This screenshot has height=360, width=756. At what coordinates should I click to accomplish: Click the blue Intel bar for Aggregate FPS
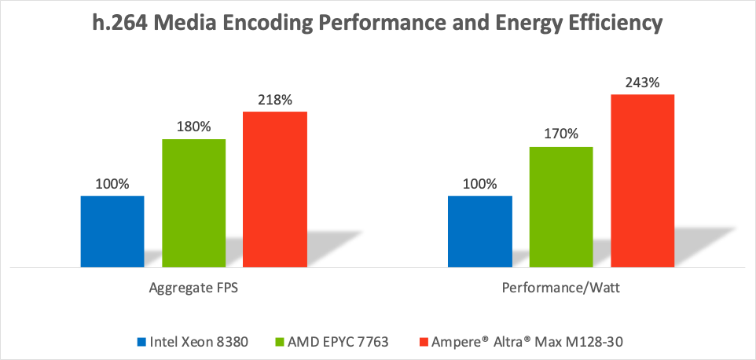[x=112, y=231]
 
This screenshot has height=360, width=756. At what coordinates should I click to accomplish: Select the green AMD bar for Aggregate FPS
[x=193, y=203]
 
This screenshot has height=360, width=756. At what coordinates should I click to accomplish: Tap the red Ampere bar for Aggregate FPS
[x=274, y=189]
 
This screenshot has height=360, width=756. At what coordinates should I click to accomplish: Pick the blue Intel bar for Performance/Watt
[x=480, y=231]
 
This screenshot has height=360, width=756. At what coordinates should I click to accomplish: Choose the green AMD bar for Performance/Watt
[x=561, y=207]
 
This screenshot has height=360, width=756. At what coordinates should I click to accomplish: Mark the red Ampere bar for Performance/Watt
[x=642, y=181]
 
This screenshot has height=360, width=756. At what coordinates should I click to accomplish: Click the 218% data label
[x=274, y=101]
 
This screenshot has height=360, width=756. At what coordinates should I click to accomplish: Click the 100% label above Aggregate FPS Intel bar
[x=112, y=185]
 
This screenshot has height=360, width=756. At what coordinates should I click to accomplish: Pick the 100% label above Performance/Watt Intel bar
[x=480, y=185]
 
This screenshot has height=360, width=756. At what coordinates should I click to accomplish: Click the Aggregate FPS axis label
[x=193, y=288]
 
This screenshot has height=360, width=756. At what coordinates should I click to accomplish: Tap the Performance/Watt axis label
[x=561, y=288]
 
